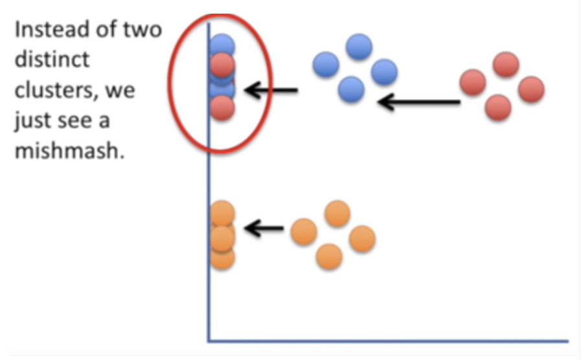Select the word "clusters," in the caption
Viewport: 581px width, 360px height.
[54, 90]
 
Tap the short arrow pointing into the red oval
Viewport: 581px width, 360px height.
[272, 91]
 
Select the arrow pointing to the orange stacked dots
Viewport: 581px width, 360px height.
[266, 228]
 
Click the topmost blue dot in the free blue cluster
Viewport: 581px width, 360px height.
[359, 47]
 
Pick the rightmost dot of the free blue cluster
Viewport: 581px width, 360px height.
[384, 71]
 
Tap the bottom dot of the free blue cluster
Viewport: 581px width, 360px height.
[351, 89]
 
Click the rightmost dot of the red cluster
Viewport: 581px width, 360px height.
[531, 89]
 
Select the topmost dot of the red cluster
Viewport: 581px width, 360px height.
[505, 65]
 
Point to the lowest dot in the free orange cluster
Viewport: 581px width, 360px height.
[329, 256]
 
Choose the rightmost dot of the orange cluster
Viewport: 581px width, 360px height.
[362, 239]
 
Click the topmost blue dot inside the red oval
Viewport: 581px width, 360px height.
[222, 45]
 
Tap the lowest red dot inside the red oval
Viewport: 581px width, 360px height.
[222, 108]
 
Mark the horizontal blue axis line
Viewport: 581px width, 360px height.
[389, 341]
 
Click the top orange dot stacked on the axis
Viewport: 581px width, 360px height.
[222, 213]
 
